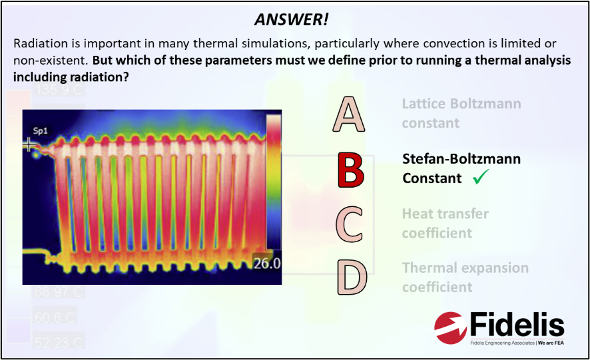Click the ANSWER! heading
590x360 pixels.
tap(291, 19)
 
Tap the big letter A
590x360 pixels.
tap(349, 114)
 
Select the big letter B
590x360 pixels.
tap(350, 170)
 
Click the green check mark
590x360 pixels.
tap(481, 178)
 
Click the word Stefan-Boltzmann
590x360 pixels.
tap(461, 159)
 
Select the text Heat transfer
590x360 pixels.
tap(445, 214)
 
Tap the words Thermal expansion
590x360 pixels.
tap(465, 268)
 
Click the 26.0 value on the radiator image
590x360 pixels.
tap(266, 264)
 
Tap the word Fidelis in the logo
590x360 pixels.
tap(516, 325)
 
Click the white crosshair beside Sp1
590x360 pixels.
tap(29, 144)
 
